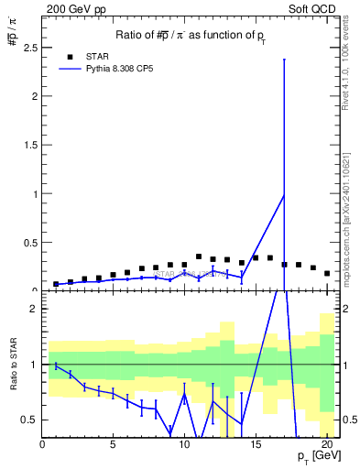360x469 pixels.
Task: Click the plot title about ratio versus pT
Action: [x=191, y=35]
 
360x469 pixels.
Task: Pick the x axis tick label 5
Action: [x=113, y=446]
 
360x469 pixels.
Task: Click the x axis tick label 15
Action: [x=255, y=446]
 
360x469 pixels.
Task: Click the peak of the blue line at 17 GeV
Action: [x=284, y=195]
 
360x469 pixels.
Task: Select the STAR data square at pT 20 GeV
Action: [x=327, y=273]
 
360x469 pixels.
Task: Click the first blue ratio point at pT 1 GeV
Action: [x=56, y=365]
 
